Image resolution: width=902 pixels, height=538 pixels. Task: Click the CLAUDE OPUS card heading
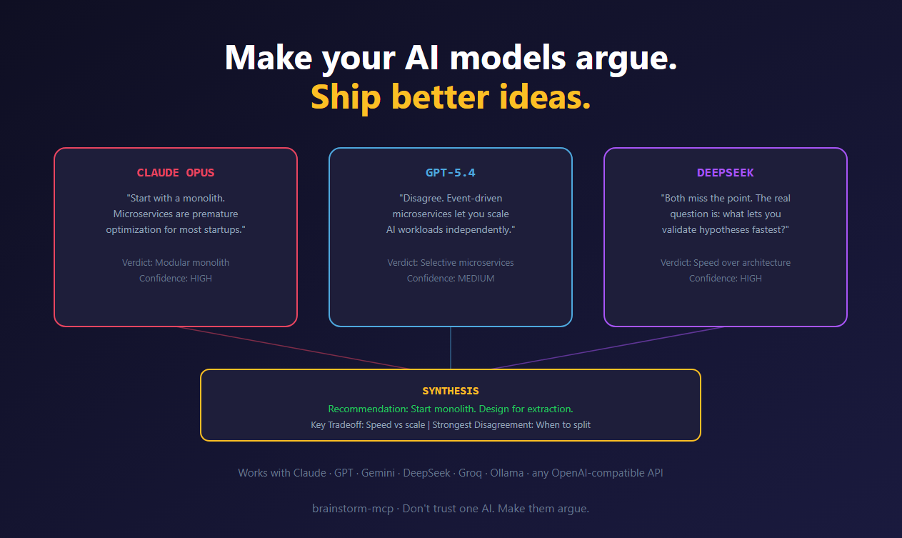(x=175, y=173)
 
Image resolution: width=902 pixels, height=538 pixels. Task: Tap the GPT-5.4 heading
(x=450, y=173)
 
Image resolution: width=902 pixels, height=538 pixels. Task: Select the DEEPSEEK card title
(x=725, y=173)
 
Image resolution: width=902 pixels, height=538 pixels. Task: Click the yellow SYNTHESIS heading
(x=450, y=391)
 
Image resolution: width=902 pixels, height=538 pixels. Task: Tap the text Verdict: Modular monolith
(x=175, y=262)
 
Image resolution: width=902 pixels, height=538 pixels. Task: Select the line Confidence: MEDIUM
(x=450, y=278)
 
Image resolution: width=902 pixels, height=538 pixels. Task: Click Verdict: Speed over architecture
(x=725, y=262)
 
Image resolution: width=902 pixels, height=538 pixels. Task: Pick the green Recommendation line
(x=450, y=409)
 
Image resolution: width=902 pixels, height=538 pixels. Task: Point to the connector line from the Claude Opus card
(x=293, y=348)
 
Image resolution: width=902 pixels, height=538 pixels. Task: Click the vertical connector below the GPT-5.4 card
(x=451, y=348)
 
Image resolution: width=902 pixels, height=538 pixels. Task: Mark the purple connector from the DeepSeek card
(x=607, y=348)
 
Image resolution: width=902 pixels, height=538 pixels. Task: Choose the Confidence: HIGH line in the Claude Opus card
(x=175, y=278)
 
